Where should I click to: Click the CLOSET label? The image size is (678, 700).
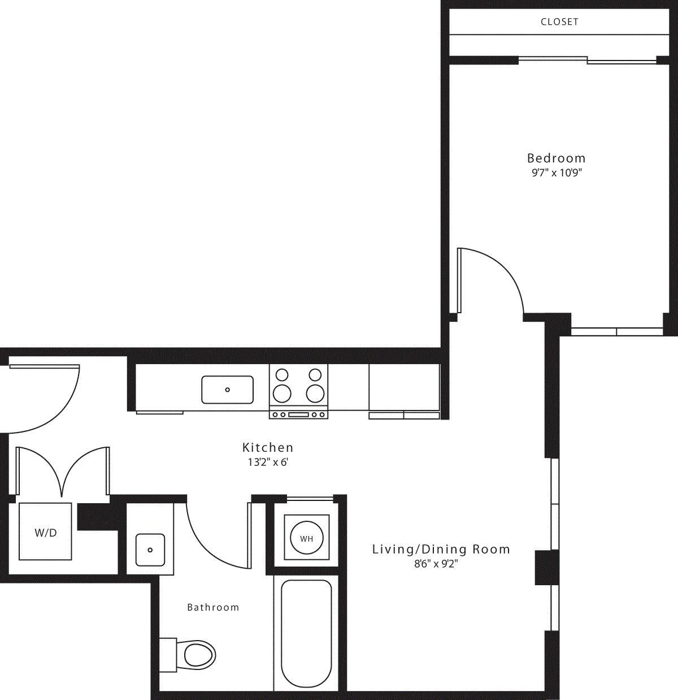pos(559,22)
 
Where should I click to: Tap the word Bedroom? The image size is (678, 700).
pos(556,158)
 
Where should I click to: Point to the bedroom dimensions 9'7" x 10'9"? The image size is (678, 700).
pos(554,173)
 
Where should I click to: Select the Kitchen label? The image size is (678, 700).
pos(268,447)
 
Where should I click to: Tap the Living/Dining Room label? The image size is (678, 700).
pos(441,549)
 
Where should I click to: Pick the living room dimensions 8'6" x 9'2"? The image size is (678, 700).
pos(436,564)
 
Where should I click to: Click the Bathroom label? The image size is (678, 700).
pos(213,607)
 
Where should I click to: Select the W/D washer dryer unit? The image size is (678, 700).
pos(46,532)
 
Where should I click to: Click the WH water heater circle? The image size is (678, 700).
pos(306,539)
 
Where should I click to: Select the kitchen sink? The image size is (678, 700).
pos(227,390)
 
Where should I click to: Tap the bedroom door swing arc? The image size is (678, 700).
pos(497,277)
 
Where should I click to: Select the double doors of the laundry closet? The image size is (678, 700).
pos(62,472)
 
